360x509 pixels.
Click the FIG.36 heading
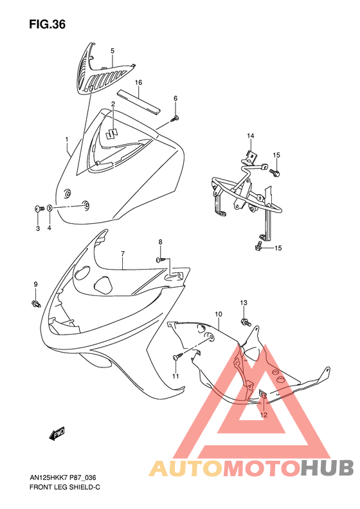click(x=47, y=25)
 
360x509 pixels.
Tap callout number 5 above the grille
click(x=112, y=50)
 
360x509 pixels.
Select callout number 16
click(x=138, y=83)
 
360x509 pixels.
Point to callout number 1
click(x=66, y=139)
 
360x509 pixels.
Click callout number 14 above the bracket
click(x=251, y=136)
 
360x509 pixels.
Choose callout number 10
click(x=219, y=314)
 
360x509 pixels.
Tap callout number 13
click(x=244, y=302)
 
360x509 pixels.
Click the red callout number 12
click(x=264, y=415)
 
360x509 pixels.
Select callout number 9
click(x=35, y=284)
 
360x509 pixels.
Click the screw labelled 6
click(x=175, y=118)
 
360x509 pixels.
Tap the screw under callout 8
click(x=160, y=259)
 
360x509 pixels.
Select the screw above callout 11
click(x=175, y=355)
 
